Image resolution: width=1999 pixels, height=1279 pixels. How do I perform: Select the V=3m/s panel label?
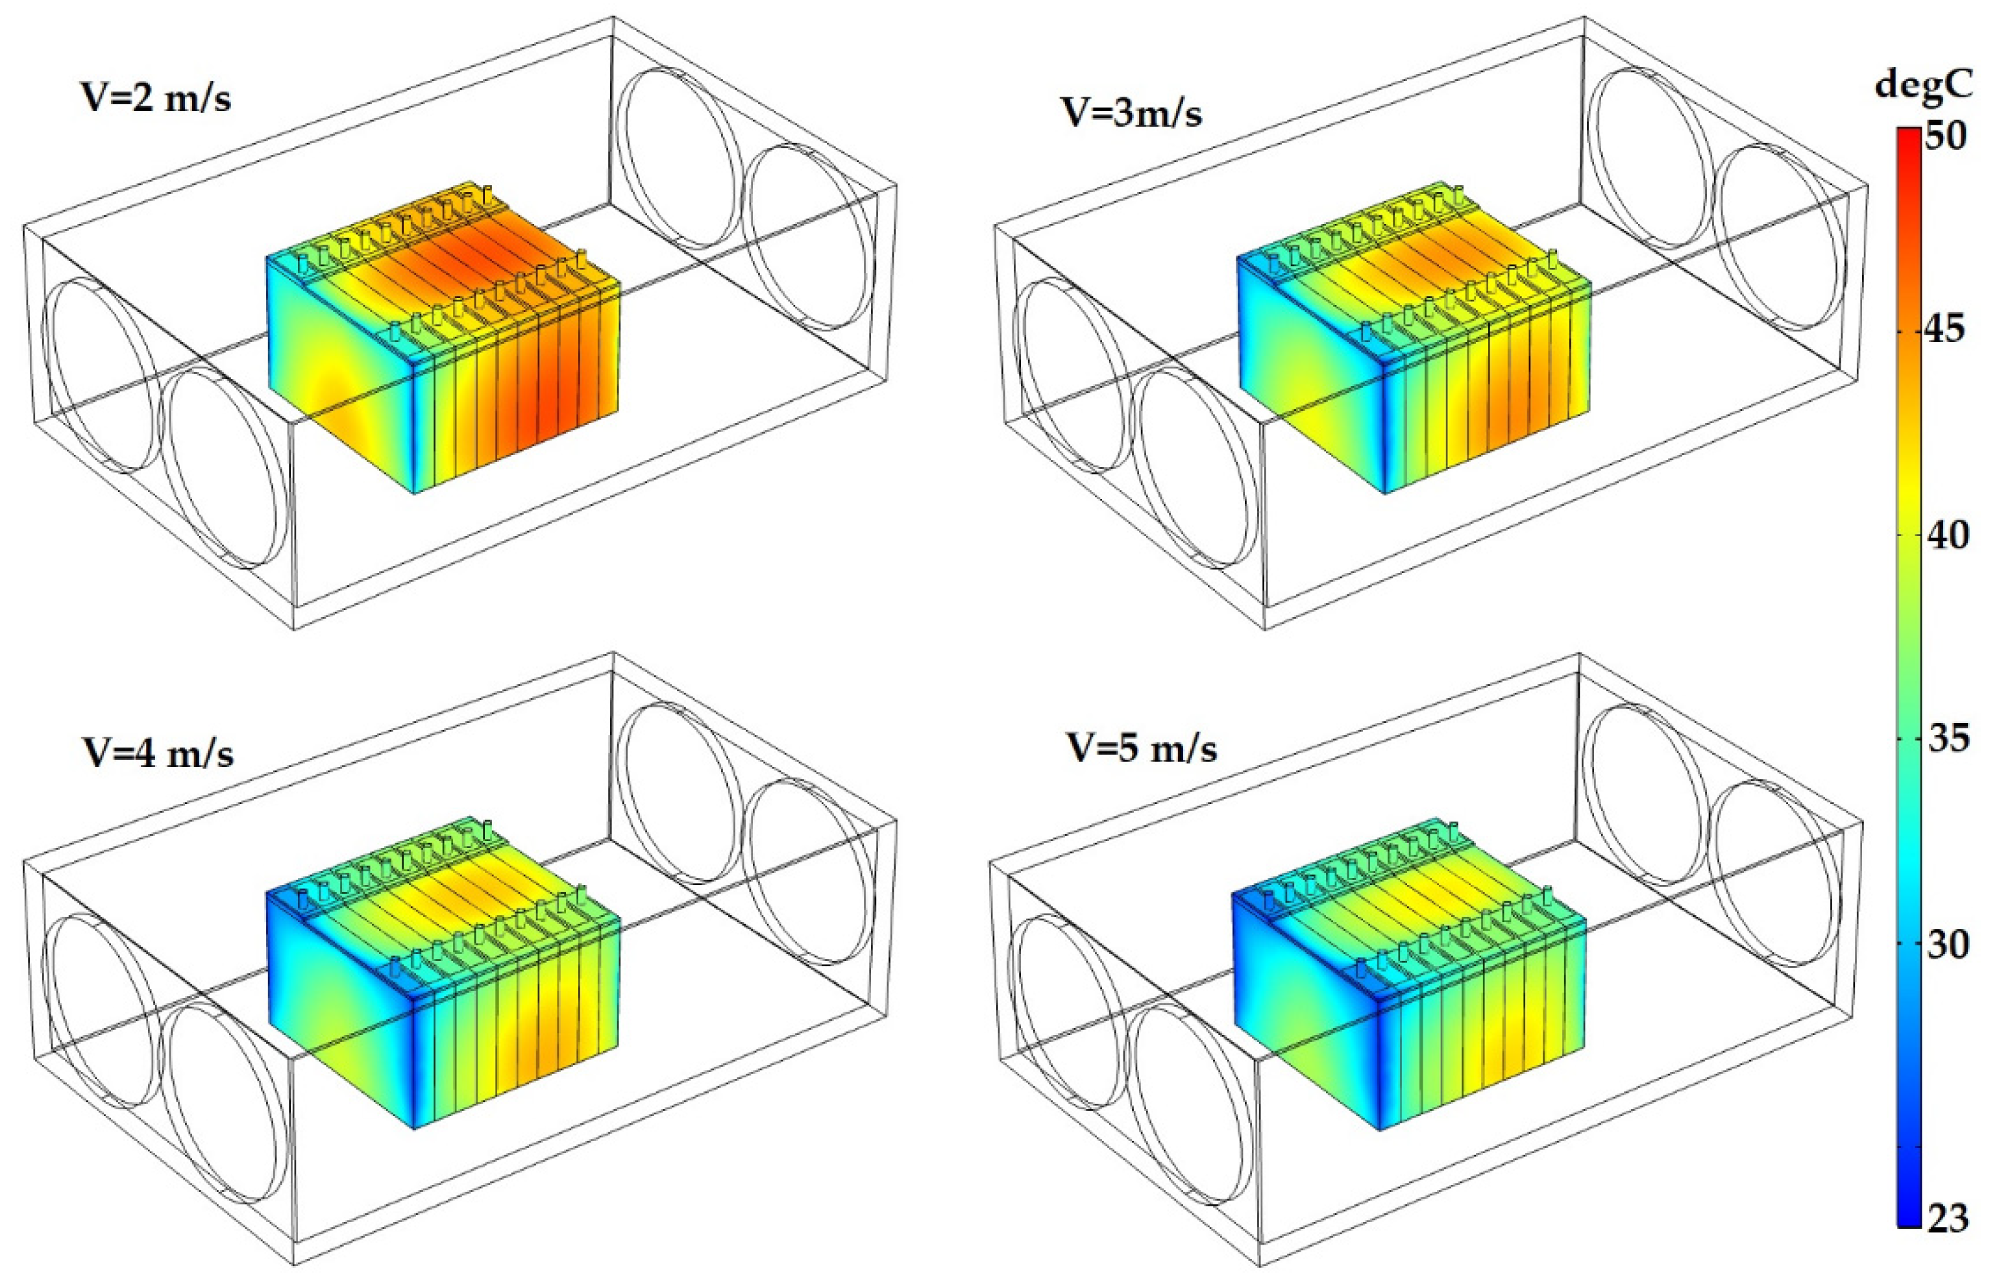[x=1131, y=113]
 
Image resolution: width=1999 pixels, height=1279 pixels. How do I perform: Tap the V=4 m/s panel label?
[x=157, y=753]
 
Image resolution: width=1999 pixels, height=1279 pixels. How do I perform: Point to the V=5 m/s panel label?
[x=1142, y=749]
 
